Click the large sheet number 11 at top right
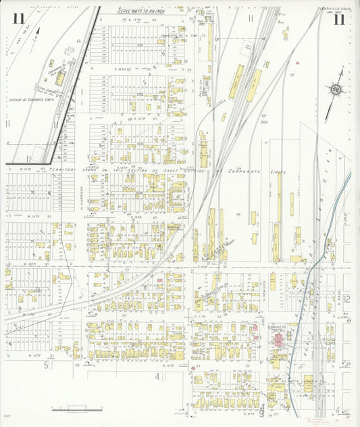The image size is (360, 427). click(x=339, y=19)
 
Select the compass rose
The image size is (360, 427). click(x=334, y=89)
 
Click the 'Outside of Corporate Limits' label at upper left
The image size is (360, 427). click(x=31, y=99)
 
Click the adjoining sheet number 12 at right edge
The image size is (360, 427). click(x=346, y=298)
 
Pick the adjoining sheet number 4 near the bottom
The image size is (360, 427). click(x=157, y=376)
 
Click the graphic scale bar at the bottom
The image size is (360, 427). click(x=76, y=409)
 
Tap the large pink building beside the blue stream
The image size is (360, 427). click(x=279, y=338)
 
